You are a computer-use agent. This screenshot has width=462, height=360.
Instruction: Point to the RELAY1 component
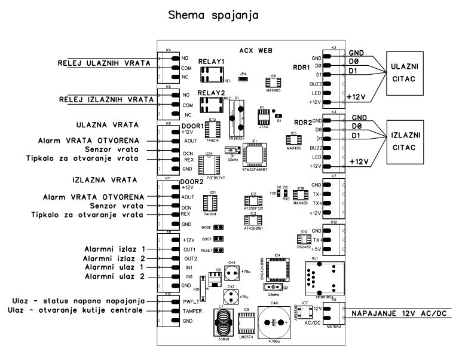[x=213, y=74]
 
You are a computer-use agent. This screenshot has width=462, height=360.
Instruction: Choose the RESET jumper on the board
[x=219, y=249]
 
